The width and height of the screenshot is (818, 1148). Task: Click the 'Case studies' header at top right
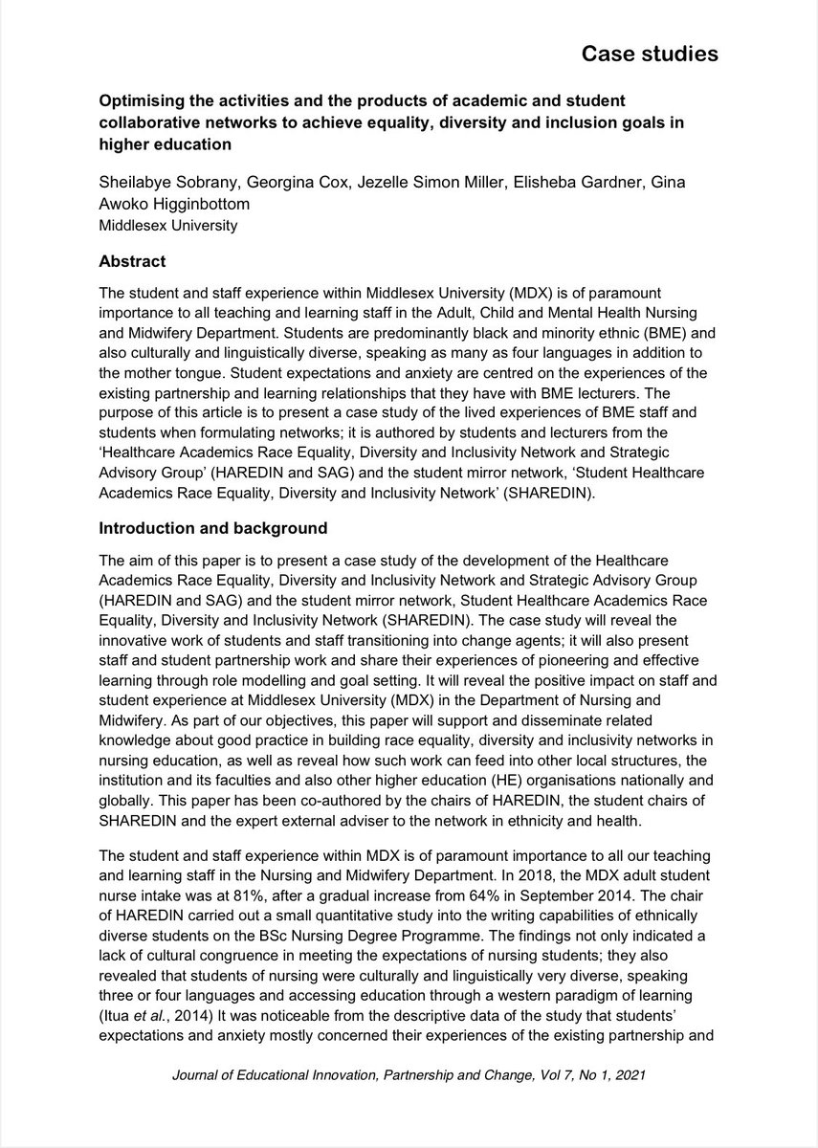(x=650, y=55)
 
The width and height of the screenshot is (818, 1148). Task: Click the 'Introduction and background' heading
(x=213, y=528)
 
